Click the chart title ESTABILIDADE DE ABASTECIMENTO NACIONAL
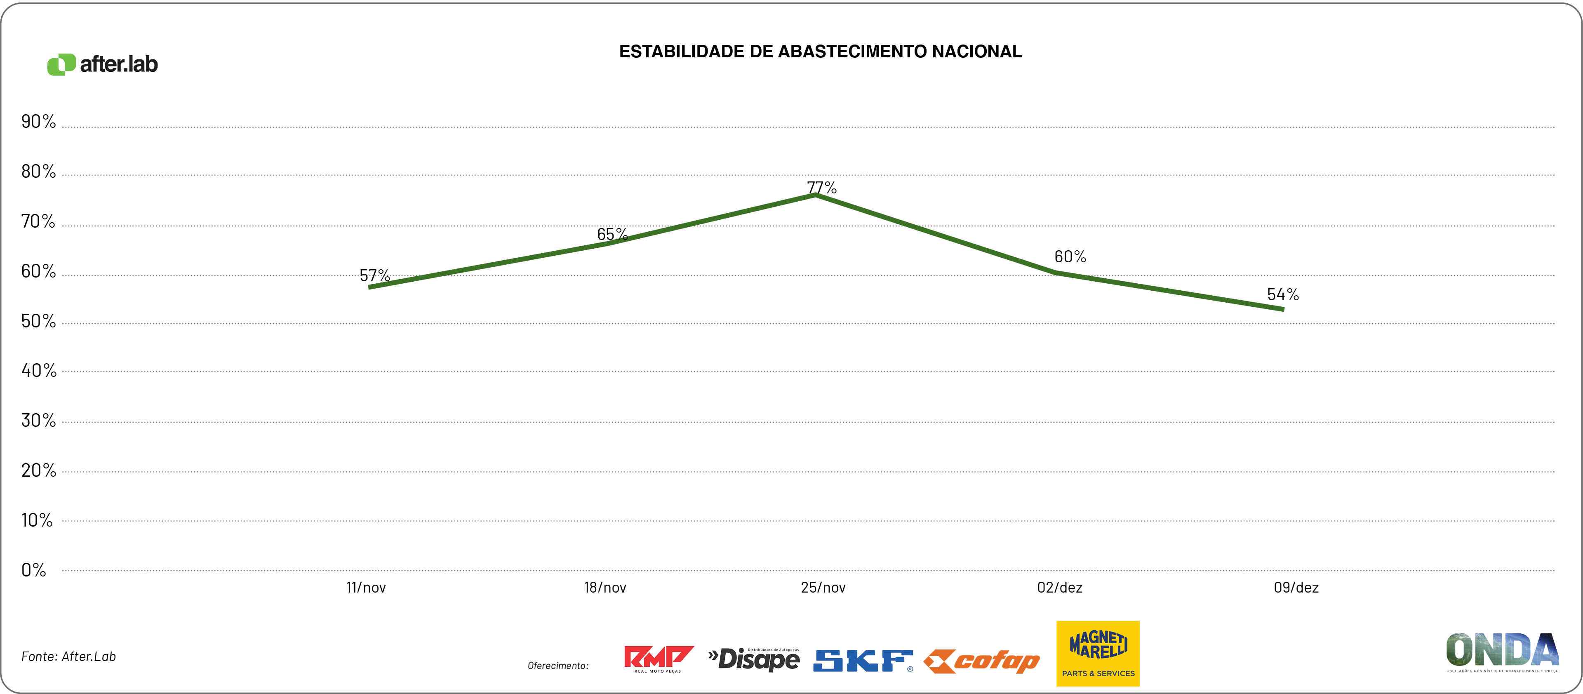(821, 52)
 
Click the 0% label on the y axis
(34, 570)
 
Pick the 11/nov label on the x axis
(366, 588)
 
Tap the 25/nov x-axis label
(823, 588)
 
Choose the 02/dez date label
(1059, 588)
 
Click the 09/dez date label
(1296, 588)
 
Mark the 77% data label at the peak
(822, 188)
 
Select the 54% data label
(1283, 294)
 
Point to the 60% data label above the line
(1070, 256)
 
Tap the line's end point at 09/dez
(1282, 308)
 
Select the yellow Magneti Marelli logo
(1098, 654)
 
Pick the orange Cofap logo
(981, 661)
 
